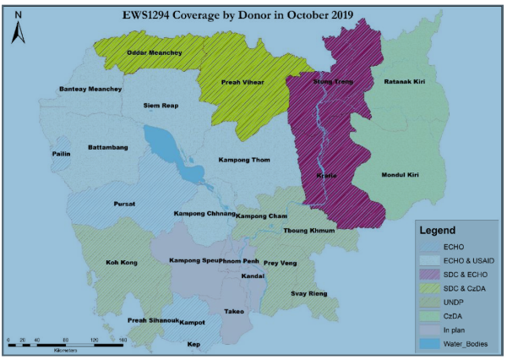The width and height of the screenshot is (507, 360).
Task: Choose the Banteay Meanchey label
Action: tap(90, 90)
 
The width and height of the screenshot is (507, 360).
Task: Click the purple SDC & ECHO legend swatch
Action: tap(432, 275)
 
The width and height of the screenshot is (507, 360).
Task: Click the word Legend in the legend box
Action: tap(439, 230)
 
